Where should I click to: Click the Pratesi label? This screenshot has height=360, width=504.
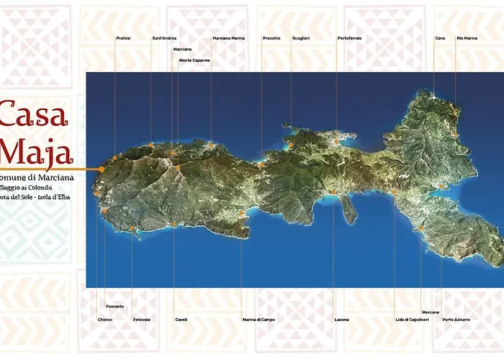pyautogui.click(x=123, y=38)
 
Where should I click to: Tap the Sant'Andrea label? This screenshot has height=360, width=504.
pyautogui.click(x=164, y=38)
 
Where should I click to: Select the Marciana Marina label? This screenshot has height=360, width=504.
pyautogui.click(x=229, y=38)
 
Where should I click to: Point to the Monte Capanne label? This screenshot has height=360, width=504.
pyautogui.click(x=194, y=60)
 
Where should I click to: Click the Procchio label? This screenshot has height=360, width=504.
pyautogui.click(x=271, y=38)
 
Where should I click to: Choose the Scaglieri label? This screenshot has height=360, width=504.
pyautogui.click(x=302, y=38)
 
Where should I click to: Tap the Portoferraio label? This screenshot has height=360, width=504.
pyautogui.click(x=349, y=38)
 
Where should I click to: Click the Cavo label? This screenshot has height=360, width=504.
pyautogui.click(x=440, y=38)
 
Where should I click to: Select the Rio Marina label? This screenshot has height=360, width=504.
pyautogui.click(x=467, y=38)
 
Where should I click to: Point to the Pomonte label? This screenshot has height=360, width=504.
pyautogui.click(x=114, y=307)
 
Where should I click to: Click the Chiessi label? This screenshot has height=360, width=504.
pyautogui.click(x=105, y=319)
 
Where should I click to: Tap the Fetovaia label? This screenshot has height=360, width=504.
pyautogui.click(x=142, y=319)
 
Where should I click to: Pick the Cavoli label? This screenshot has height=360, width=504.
pyautogui.click(x=181, y=319)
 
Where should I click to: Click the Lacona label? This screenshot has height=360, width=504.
pyautogui.click(x=341, y=319)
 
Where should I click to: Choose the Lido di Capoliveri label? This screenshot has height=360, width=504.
pyautogui.click(x=412, y=319)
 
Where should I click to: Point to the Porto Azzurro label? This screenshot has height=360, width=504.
pyautogui.click(x=456, y=319)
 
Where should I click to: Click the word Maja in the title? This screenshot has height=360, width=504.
pyautogui.click(x=36, y=152)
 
